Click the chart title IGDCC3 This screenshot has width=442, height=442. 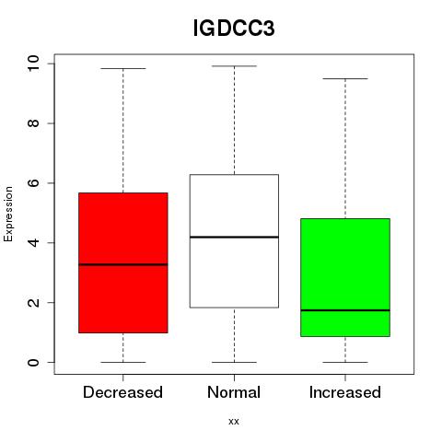point(234,29)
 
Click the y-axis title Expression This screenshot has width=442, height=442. point(8,214)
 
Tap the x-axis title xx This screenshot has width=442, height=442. point(234,422)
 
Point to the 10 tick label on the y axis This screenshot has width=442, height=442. point(33,64)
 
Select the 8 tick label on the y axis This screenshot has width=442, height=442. point(33,123)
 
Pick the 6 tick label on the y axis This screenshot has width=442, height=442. point(33,183)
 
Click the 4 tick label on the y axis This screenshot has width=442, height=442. point(33,242)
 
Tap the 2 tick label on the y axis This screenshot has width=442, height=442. point(33,302)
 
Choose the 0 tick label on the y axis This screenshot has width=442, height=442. point(33,362)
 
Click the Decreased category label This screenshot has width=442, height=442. point(122,392)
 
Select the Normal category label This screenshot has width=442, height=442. point(234,392)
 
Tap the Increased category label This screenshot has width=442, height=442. point(345,392)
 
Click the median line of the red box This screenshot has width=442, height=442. point(123,264)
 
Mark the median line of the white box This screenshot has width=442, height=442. point(234,237)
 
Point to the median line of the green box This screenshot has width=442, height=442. point(345,310)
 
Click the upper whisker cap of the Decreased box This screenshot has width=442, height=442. point(123,68)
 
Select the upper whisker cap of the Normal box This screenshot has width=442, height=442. point(234,66)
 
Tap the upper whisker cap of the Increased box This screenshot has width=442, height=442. point(345,78)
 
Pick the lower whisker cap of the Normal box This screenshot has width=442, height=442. point(234,362)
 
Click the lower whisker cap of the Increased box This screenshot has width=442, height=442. point(345,362)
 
